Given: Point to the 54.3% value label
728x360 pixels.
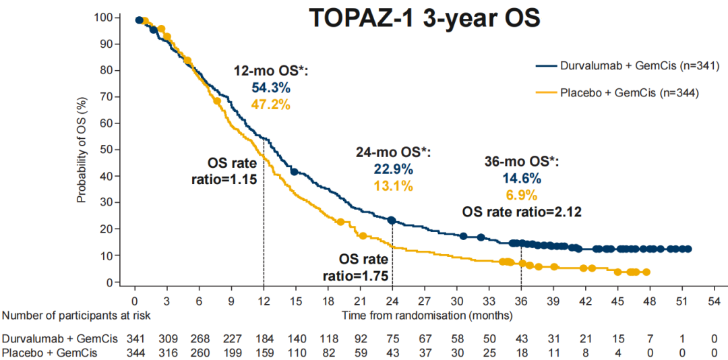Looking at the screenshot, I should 271,88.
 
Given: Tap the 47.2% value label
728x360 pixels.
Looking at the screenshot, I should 271,104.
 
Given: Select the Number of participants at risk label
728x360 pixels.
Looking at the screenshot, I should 76,315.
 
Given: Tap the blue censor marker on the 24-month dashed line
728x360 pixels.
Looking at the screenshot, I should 392,220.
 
